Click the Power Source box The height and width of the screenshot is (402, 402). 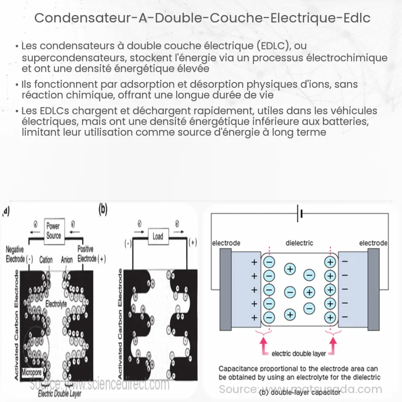(x=53, y=231)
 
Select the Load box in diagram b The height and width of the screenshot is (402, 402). (x=158, y=236)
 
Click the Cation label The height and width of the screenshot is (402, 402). (x=45, y=260)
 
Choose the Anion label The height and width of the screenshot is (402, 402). (x=67, y=260)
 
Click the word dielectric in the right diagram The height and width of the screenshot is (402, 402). (x=299, y=243)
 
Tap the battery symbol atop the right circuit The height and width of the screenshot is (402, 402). (x=299, y=214)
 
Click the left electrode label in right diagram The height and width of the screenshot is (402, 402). (x=226, y=243)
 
